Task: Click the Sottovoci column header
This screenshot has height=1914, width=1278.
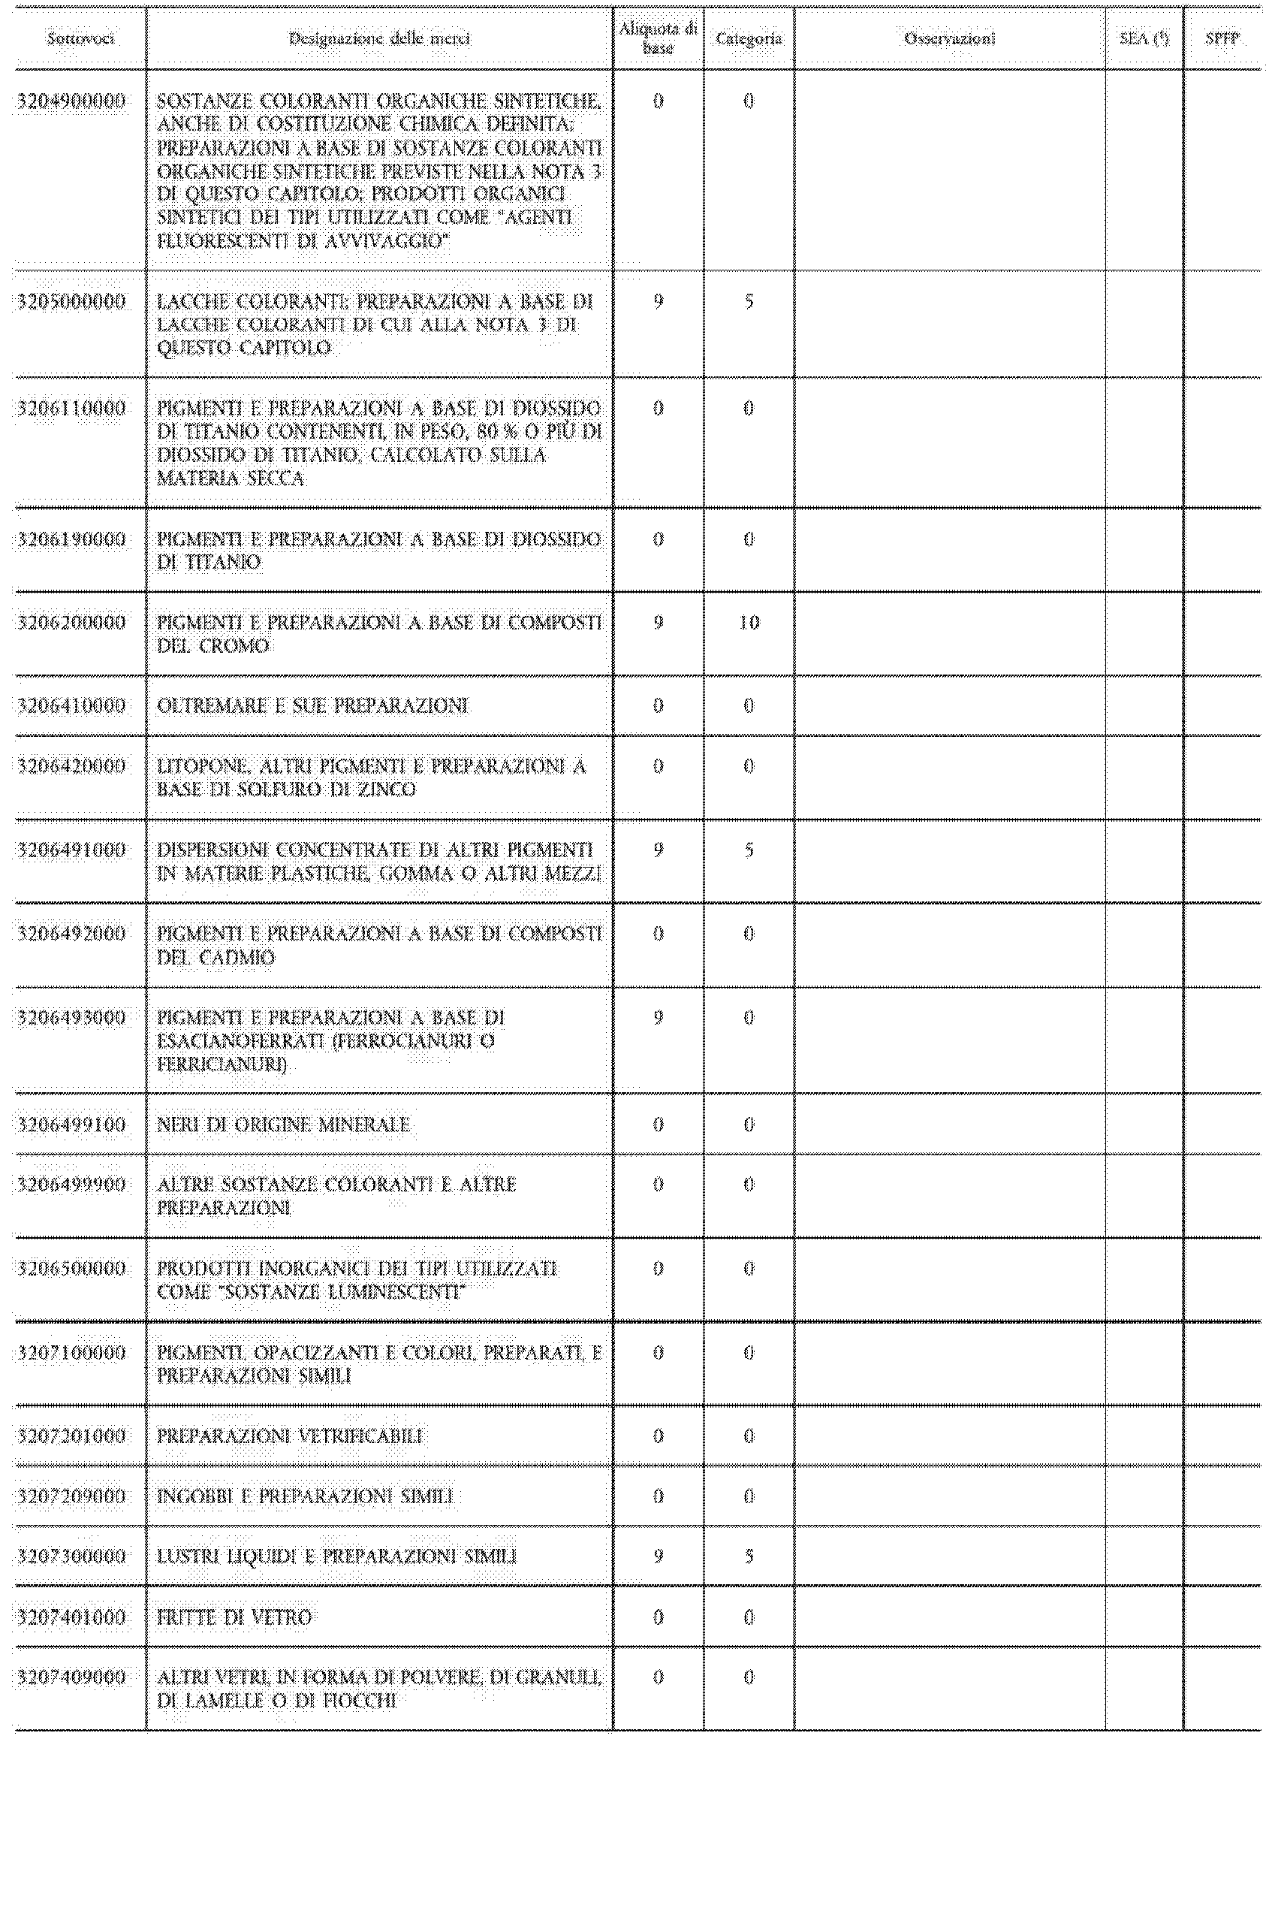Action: click(x=80, y=38)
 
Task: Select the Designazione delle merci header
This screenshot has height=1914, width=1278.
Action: click(x=379, y=38)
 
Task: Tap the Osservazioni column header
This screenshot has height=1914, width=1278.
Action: click(x=950, y=38)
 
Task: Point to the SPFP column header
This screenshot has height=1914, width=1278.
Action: click(x=1222, y=38)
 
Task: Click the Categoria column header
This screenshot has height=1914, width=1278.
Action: click(x=748, y=38)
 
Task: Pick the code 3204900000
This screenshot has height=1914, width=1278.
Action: click(x=72, y=101)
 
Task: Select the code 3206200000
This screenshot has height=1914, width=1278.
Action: click(x=72, y=623)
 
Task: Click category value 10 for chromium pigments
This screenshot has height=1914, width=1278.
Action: click(x=748, y=623)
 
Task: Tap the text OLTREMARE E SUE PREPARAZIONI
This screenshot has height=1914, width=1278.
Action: click(x=312, y=705)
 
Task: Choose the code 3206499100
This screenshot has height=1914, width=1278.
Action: click(x=72, y=1125)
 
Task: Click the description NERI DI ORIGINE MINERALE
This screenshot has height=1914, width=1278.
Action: click(x=283, y=1125)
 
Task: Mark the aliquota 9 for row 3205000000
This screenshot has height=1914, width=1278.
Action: click(x=658, y=302)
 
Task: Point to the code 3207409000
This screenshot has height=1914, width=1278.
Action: click(x=72, y=1677)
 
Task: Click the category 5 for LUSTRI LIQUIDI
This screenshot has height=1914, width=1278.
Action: click(x=748, y=1556)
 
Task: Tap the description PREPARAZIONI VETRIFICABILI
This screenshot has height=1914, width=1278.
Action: click(x=289, y=1435)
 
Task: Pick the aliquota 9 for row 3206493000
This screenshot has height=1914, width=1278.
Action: click(x=658, y=1017)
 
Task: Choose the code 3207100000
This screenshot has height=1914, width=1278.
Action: click(x=72, y=1352)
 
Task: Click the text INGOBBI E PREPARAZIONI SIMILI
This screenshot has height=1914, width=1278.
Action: click(x=305, y=1496)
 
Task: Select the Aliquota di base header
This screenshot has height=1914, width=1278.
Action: click(x=658, y=38)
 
